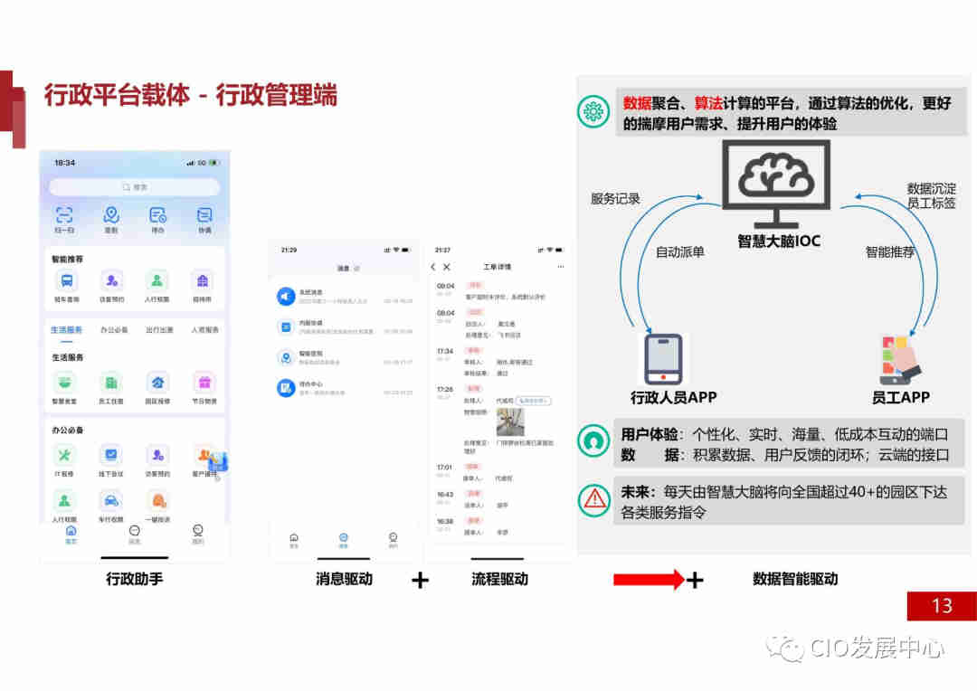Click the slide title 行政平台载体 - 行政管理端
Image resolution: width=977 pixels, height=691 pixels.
[x=190, y=95]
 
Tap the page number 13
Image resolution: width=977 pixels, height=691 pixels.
[x=942, y=605]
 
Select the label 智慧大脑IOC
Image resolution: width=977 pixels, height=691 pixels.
[x=778, y=241]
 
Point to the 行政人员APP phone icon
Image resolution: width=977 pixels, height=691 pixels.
[x=663, y=359]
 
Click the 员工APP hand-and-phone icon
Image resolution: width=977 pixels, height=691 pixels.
[x=900, y=359]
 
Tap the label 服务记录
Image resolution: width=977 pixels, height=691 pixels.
[x=615, y=198]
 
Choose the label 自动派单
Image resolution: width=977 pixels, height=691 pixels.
[x=680, y=252]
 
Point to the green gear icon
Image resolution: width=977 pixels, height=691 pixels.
[x=594, y=112]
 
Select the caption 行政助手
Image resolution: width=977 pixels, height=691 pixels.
[x=135, y=579]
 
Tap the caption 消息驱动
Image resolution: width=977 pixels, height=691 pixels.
[x=344, y=579]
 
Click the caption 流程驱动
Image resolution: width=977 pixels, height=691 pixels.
[x=499, y=579]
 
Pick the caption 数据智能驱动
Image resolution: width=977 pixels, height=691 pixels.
[x=795, y=579]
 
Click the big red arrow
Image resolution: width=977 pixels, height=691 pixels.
[x=648, y=580]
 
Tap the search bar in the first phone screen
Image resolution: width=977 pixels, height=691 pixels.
[x=134, y=187]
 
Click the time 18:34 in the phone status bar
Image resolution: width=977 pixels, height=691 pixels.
[x=64, y=163]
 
